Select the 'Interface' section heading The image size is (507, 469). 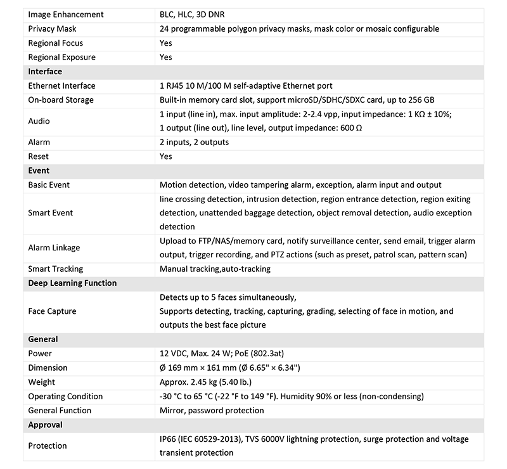pos(45,72)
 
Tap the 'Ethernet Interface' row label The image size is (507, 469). pos(62,86)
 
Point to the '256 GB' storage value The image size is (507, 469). pos(420,100)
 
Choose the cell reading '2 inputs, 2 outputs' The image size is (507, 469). pos(195,143)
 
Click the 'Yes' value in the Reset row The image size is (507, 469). pos(166,157)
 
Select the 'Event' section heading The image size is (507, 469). pos(39,170)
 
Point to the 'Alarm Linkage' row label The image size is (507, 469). pos(55,248)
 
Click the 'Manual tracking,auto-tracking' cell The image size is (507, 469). pos(215,269)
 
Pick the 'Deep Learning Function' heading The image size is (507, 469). pos(72,283)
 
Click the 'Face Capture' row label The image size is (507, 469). pos(53,311)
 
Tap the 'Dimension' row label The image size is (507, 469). pos(48,368)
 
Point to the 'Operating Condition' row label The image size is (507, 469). pos(66,396)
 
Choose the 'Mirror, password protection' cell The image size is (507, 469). pos(212,410)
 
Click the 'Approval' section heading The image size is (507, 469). pos(46,425)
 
